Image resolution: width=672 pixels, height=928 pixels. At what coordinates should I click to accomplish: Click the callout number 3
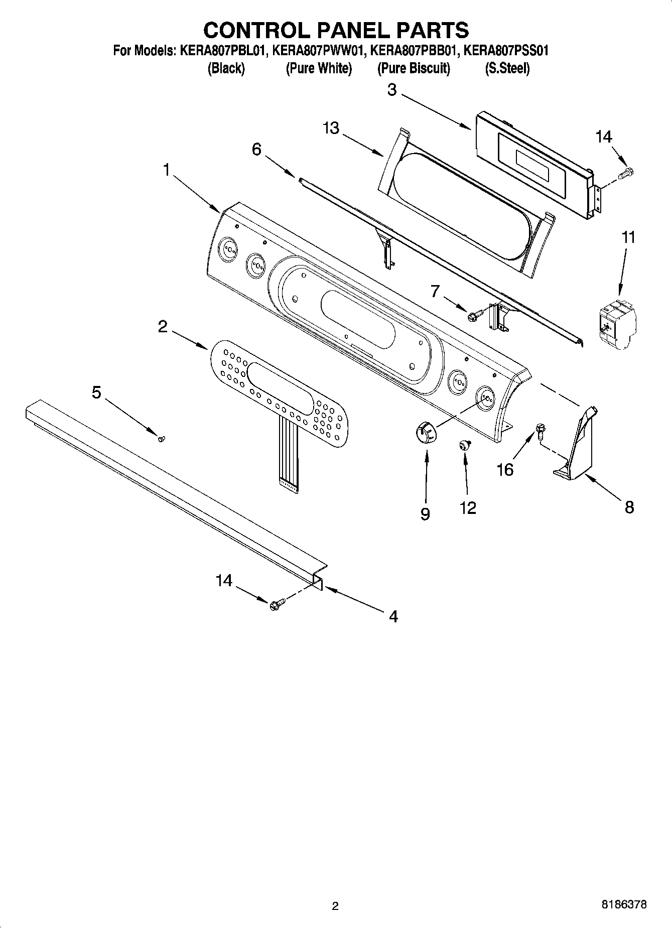(x=392, y=90)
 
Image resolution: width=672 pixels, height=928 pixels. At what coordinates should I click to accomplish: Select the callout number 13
(x=331, y=128)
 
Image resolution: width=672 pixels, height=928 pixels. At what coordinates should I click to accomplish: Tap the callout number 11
(x=628, y=237)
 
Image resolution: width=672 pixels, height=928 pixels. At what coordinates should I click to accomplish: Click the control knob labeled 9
(x=427, y=432)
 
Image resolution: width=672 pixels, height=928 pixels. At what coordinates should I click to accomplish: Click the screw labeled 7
(x=474, y=315)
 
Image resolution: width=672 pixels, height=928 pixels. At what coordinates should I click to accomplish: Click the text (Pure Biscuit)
(x=414, y=68)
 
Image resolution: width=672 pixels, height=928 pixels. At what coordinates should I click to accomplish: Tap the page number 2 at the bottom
(x=335, y=906)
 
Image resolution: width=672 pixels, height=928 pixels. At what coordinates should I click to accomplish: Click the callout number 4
(x=393, y=616)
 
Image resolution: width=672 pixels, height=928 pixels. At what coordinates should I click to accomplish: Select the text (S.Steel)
(x=507, y=68)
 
